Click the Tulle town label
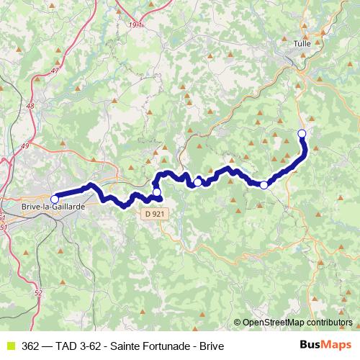click(302, 45)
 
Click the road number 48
click(30, 106)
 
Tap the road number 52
click(38, 292)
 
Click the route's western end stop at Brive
click(54, 198)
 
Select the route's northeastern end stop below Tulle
click(302, 133)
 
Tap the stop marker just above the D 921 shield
click(157, 192)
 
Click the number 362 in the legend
click(31, 346)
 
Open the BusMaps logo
click(325, 345)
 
